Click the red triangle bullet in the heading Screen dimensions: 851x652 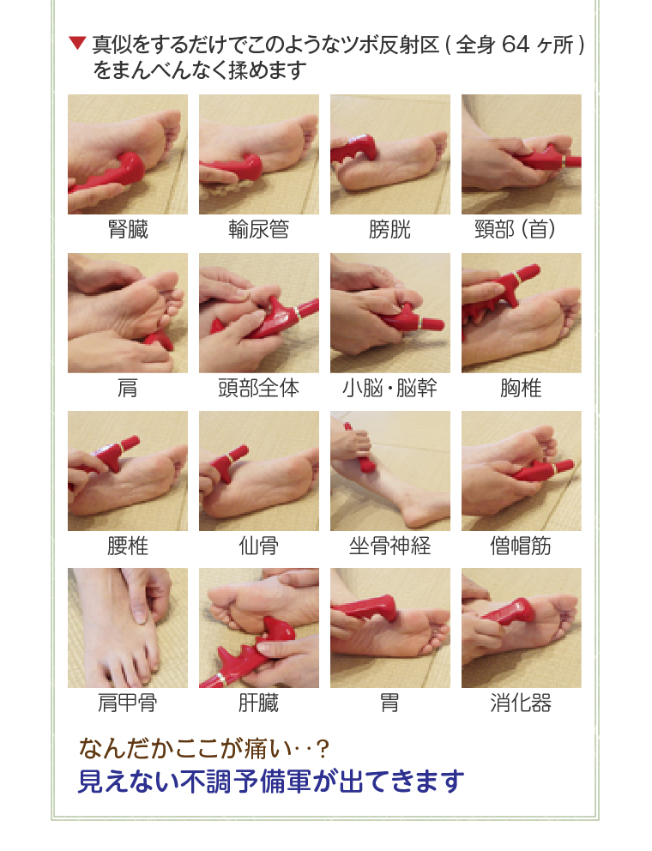coord(77,43)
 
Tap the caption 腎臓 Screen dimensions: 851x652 coord(128,230)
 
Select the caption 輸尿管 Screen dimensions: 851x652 coord(258,230)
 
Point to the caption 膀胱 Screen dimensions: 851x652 coord(389,230)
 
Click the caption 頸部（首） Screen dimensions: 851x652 coord(521,230)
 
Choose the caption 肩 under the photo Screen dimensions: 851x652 coord(128,389)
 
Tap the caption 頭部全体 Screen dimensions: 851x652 coord(258,389)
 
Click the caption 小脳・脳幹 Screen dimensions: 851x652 coord(389,389)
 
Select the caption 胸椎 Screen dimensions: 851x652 coord(521,389)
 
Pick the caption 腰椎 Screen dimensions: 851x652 coord(128,546)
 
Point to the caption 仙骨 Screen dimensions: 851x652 coord(258,546)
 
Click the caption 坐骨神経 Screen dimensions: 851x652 coord(389,546)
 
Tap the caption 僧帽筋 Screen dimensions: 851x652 coord(521,546)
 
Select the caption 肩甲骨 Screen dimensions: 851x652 coord(128,704)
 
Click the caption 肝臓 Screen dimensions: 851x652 coord(258,704)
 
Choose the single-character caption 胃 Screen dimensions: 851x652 coord(389,704)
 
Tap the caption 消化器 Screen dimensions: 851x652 coord(521,704)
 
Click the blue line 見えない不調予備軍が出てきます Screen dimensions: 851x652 coord(271,782)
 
